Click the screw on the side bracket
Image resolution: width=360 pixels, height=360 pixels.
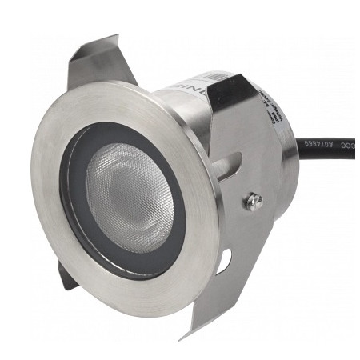[x=254, y=200]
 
